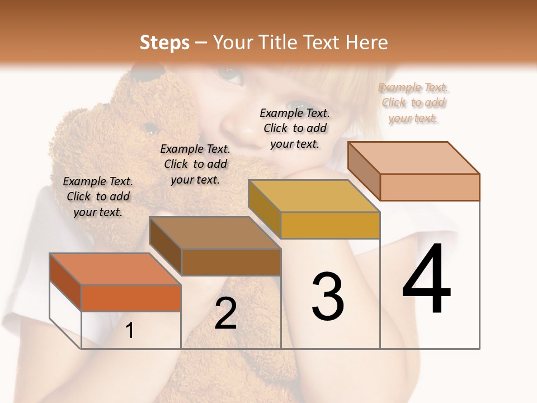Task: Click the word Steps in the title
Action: (164, 43)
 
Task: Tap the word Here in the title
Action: (367, 43)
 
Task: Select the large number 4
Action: (426, 280)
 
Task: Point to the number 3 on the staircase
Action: (327, 297)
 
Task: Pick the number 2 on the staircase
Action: (226, 313)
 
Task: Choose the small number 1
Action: (130, 331)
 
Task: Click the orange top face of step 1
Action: (115, 269)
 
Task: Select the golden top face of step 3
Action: (313, 196)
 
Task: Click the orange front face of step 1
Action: (131, 298)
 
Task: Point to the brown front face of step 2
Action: (231, 262)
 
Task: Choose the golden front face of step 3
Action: (330, 225)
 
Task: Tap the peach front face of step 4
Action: (429, 187)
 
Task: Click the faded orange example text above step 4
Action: (413, 103)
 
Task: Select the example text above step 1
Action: (98, 196)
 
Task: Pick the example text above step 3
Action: (295, 128)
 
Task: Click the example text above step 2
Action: (195, 164)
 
